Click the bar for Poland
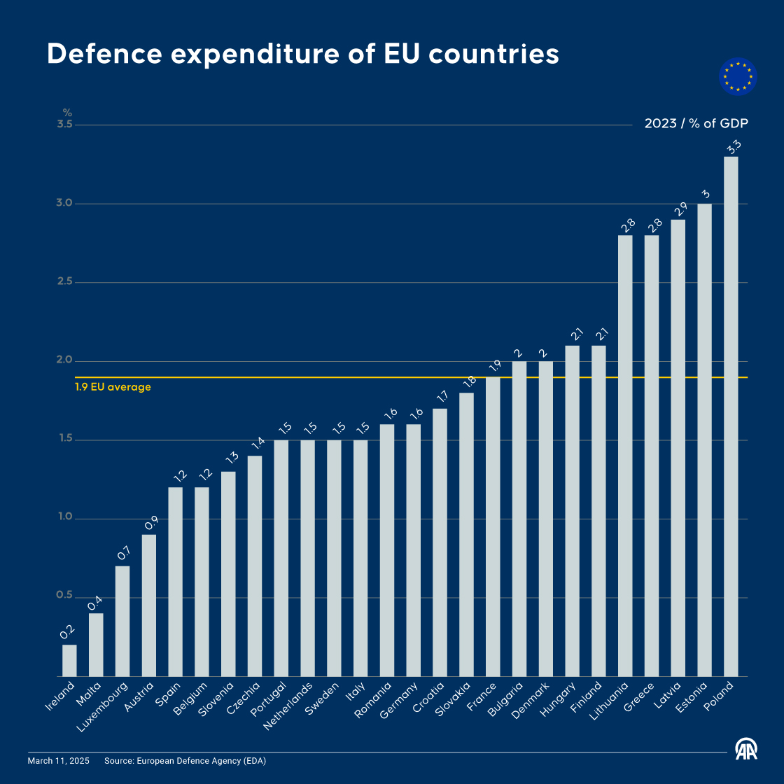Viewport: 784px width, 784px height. [x=731, y=416]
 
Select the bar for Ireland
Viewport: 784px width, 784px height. [x=69, y=660]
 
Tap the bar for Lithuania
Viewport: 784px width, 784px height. [x=625, y=456]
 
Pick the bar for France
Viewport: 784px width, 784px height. [x=493, y=526]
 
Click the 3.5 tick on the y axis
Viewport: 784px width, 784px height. [x=64, y=125]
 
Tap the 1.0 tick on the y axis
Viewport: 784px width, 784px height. [x=64, y=517]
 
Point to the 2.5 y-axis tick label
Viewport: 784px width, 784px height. [x=64, y=281]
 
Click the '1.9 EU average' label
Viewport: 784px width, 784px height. [x=113, y=387]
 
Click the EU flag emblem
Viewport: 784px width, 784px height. [x=738, y=76]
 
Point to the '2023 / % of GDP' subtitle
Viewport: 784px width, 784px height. [x=696, y=124]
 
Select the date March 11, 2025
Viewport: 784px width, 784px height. [x=59, y=761]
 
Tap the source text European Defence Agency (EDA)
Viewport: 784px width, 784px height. [x=202, y=761]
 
